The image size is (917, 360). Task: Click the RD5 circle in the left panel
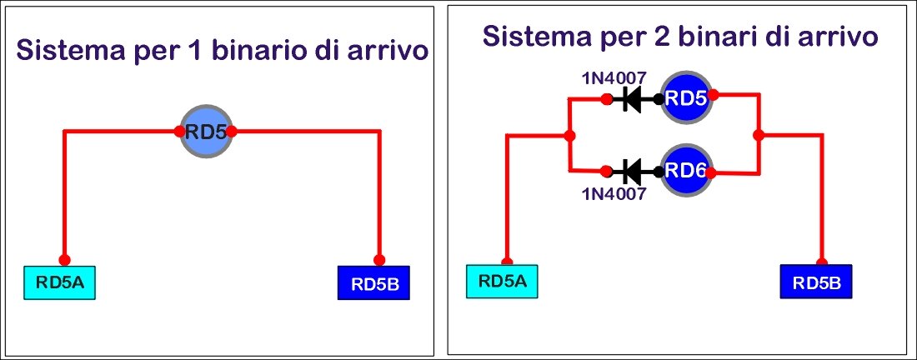click(206, 131)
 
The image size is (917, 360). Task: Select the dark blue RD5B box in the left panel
click(375, 284)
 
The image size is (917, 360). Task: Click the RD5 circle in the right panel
click(687, 99)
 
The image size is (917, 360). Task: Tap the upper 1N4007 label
click(614, 79)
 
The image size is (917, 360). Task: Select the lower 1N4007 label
click(614, 195)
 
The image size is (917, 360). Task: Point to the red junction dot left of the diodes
click(569, 136)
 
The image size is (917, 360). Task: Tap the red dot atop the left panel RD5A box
click(65, 259)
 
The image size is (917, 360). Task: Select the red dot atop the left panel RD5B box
click(379, 259)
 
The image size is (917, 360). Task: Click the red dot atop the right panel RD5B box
click(822, 259)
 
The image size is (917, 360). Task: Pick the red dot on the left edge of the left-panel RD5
click(180, 131)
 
